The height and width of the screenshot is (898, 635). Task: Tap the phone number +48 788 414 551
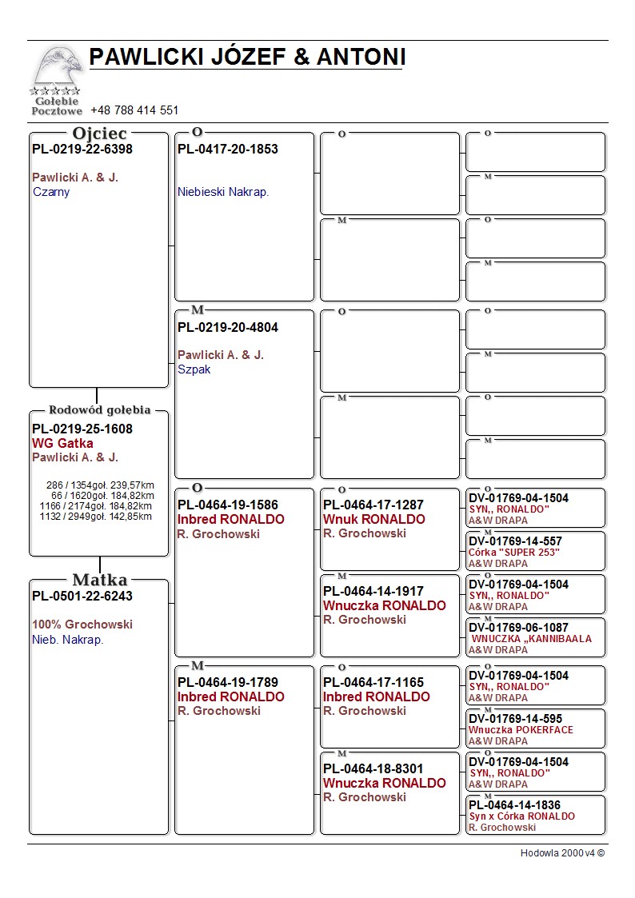(x=134, y=110)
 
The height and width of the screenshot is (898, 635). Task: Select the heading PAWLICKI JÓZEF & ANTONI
(x=247, y=57)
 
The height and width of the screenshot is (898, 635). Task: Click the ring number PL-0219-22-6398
(x=82, y=149)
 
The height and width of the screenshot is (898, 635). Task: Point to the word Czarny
(x=51, y=192)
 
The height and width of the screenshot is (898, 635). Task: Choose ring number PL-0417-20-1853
(x=228, y=149)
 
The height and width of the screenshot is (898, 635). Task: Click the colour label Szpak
(x=194, y=369)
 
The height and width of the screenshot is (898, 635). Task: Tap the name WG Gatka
(x=62, y=443)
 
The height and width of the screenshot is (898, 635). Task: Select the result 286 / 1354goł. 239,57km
(x=100, y=485)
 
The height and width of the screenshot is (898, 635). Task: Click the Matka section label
(x=100, y=580)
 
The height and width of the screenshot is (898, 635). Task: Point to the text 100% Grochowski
(x=82, y=625)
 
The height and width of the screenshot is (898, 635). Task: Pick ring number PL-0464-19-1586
(x=228, y=505)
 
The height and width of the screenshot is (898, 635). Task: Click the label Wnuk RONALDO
(x=374, y=519)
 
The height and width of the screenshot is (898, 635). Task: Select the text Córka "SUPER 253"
(x=514, y=553)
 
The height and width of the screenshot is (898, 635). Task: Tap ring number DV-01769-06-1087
(x=518, y=628)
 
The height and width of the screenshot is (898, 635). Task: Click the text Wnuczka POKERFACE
(x=521, y=730)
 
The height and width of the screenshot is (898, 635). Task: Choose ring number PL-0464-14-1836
(x=514, y=805)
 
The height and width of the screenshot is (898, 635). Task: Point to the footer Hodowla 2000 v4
(x=562, y=853)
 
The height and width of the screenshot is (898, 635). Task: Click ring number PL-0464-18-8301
(x=373, y=768)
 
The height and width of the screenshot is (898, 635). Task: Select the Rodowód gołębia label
(x=100, y=410)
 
